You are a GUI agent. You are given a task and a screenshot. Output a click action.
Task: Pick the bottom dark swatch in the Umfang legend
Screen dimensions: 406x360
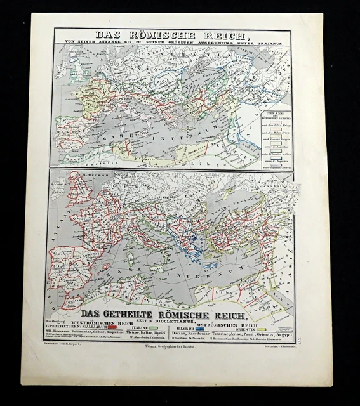tap(272, 162)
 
